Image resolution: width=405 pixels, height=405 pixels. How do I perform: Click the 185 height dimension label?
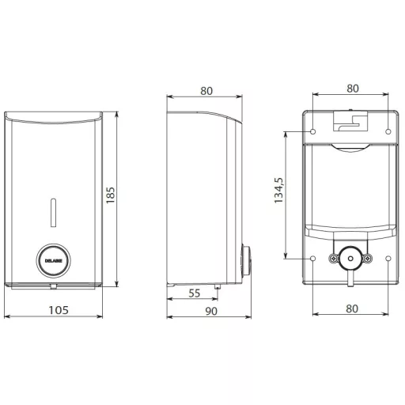(x=111, y=195)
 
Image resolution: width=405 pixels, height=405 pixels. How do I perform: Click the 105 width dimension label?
(x=59, y=310)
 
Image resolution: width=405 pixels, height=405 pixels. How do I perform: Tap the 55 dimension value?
(x=195, y=293)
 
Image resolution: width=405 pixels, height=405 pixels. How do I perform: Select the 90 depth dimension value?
(x=211, y=312)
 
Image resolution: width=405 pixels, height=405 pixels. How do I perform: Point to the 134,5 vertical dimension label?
(x=278, y=191)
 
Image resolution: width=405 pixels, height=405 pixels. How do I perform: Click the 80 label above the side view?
(x=206, y=91)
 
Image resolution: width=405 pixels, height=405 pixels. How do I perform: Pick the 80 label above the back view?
(x=353, y=89)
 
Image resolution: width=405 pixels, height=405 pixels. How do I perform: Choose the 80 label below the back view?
(x=352, y=308)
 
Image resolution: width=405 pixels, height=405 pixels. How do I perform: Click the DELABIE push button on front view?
(x=54, y=260)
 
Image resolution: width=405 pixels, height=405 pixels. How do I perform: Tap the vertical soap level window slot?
(x=54, y=213)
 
